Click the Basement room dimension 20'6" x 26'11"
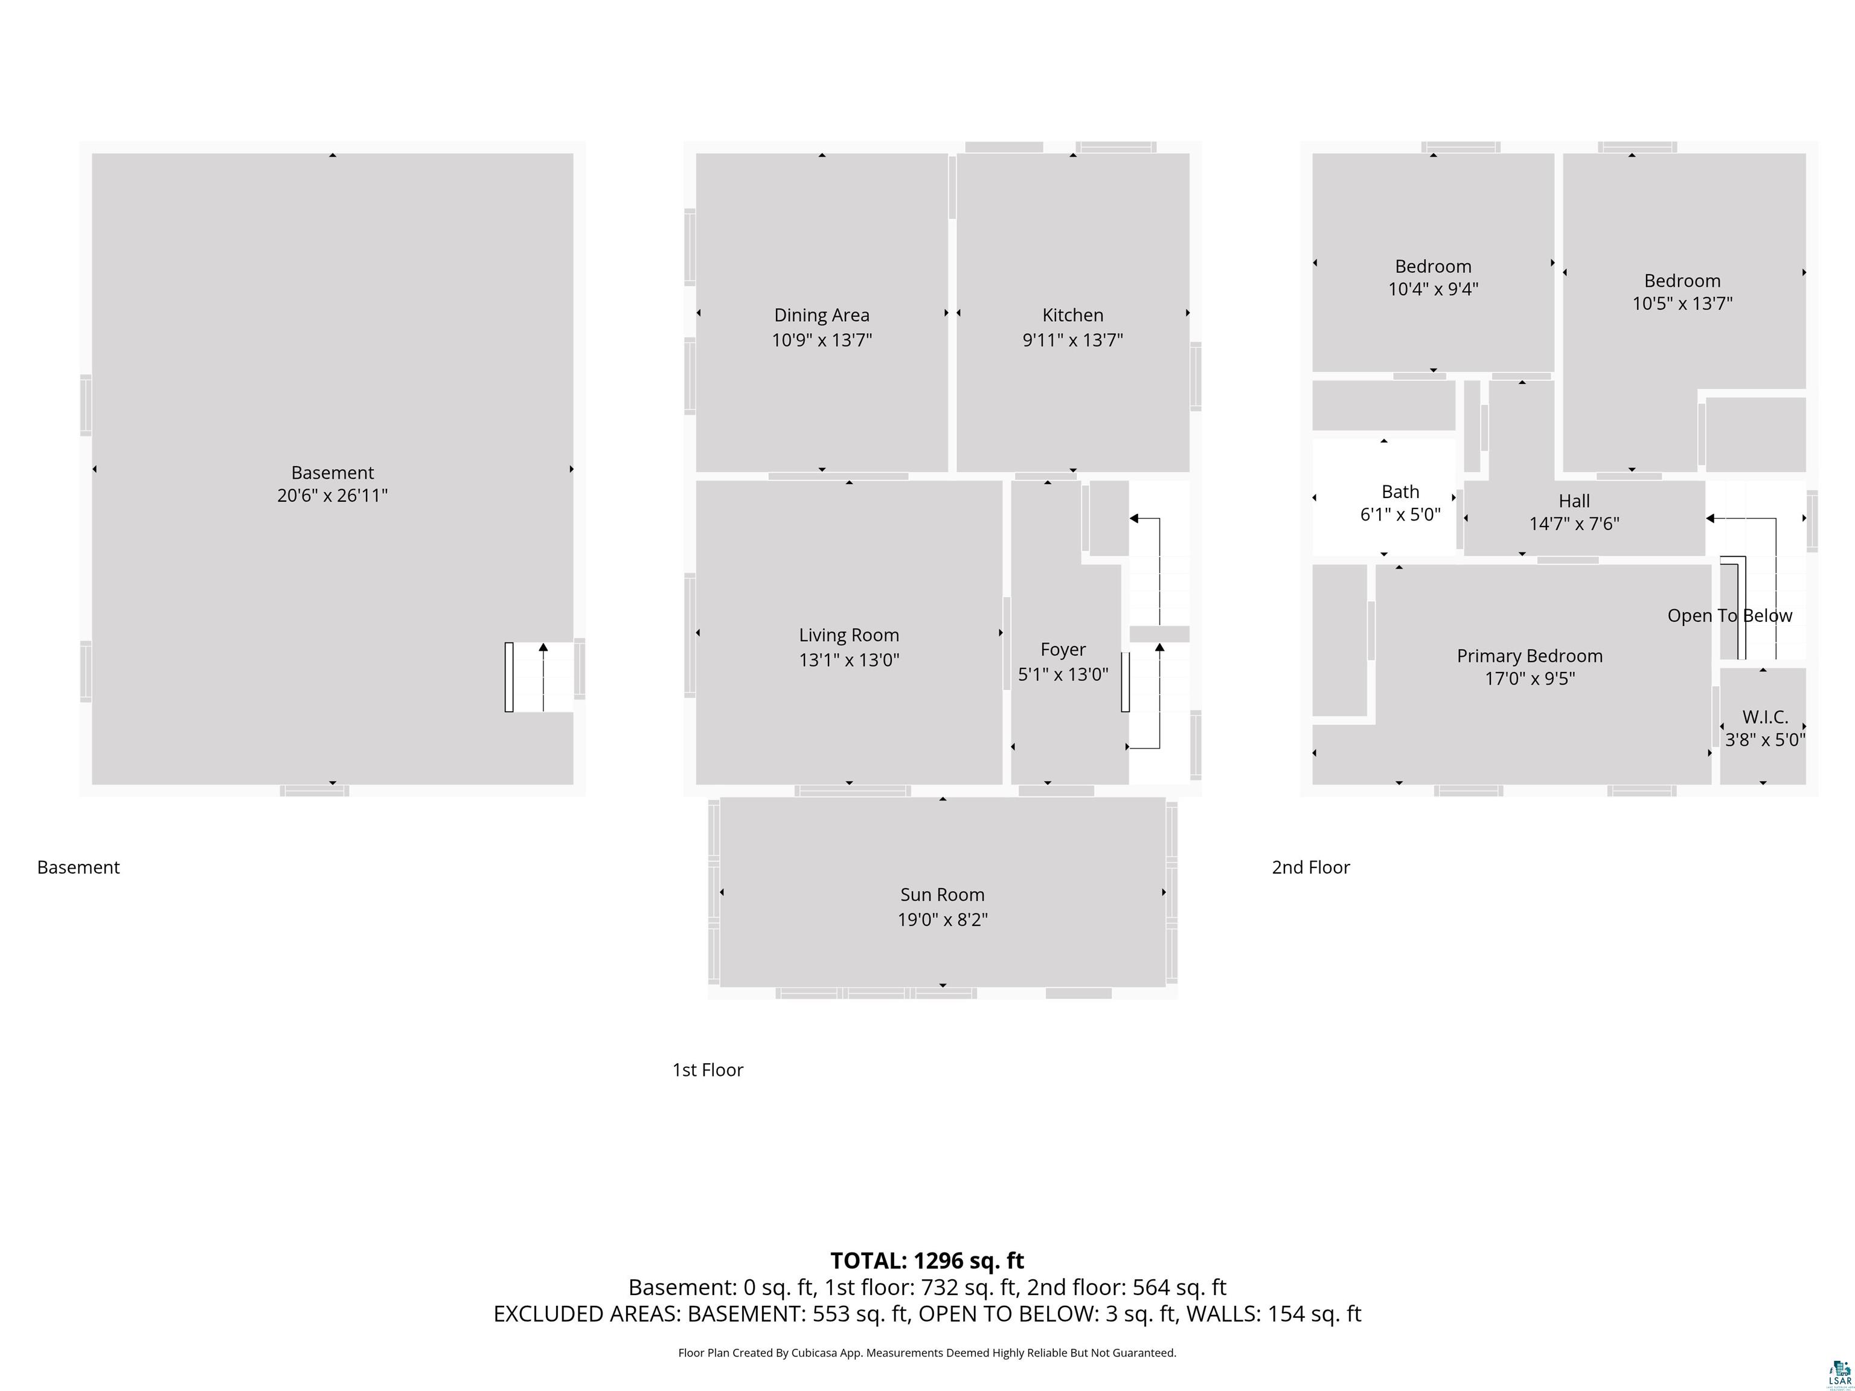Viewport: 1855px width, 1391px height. [x=332, y=496]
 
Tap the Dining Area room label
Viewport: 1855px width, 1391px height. [x=821, y=315]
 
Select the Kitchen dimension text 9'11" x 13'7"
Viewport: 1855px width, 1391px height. [x=1072, y=339]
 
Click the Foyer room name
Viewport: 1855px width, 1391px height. [x=1063, y=649]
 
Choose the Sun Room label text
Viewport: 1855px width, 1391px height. [x=942, y=895]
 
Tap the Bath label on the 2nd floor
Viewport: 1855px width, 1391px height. [x=1400, y=491]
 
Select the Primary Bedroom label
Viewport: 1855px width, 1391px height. [x=1529, y=656]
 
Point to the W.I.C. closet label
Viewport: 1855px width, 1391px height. [x=1764, y=717]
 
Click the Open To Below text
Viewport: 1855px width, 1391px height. [x=1729, y=615]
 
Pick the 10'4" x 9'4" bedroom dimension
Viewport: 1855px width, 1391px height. [x=1432, y=289]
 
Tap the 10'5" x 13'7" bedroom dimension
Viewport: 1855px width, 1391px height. [x=1682, y=304]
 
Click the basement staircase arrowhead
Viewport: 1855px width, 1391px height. [x=543, y=647]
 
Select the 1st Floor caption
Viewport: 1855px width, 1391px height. [x=707, y=1070]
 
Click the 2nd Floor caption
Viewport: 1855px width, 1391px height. [x=1310, y=867]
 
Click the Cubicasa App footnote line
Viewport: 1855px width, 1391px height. [x=927, y=1352]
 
